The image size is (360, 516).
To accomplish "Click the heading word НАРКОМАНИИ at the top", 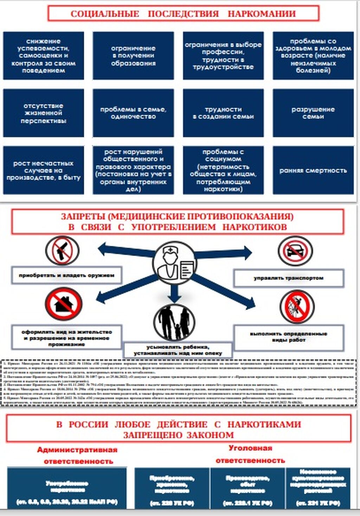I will click(262, 14).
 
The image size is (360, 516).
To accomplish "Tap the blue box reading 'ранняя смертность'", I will click(313, 171).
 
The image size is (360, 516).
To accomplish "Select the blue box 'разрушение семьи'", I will click(313, 113).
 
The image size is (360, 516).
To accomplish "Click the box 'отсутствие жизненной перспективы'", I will click(43, 113).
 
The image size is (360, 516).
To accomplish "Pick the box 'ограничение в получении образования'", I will click(133, 56).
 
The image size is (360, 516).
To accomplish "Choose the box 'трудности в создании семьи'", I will click(223, 113).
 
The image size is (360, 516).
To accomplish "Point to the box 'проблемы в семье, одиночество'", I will click(133, 113).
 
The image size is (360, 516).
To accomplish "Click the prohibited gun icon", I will click(62, 250).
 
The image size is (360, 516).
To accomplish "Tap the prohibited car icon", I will click(295, 251).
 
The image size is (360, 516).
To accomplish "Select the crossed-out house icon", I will click(64, 304).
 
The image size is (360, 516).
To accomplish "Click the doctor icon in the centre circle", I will click(174, 262).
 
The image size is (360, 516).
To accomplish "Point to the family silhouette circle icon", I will click(174, 322).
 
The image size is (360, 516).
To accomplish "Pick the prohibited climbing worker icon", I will click(297, 307).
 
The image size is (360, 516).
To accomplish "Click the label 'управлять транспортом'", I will click(288, 278).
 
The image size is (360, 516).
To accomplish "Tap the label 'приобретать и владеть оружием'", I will click(66, 275).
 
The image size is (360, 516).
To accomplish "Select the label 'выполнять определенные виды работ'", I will click(288, 337).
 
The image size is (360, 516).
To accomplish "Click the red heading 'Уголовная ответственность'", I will click(250, 454).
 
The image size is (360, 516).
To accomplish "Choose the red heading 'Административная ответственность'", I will click(78, 456).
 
